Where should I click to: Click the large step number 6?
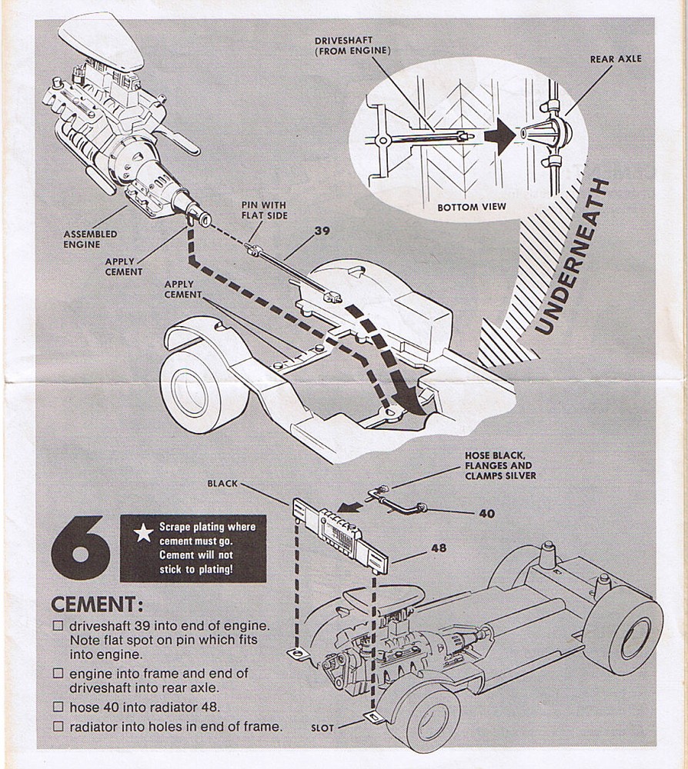(x=79, y=547)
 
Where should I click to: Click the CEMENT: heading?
(x=97, y=604)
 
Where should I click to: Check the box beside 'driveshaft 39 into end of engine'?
(x=58, y=626)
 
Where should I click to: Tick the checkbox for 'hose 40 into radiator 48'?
(x=58, y=707)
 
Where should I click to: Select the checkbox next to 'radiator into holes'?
(x=58, y=727)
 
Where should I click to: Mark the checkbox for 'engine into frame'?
(x=58, y=674)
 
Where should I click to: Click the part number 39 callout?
(x=322, y=230)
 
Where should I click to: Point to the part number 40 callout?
(x=486, y=513)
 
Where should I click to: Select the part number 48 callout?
(x=438, y=548)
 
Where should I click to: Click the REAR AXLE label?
(x=615, y=58)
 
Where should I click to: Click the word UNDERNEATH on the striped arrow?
(x=573, y=256)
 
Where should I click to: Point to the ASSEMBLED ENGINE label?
(x=90, y=239)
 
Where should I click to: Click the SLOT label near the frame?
(x=323, y=727)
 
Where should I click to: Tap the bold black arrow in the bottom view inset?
(x=500, y=137)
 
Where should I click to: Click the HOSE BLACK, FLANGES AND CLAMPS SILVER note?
(x=499, y=465)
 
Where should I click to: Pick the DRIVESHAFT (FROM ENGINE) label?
(x=352, y=45)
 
